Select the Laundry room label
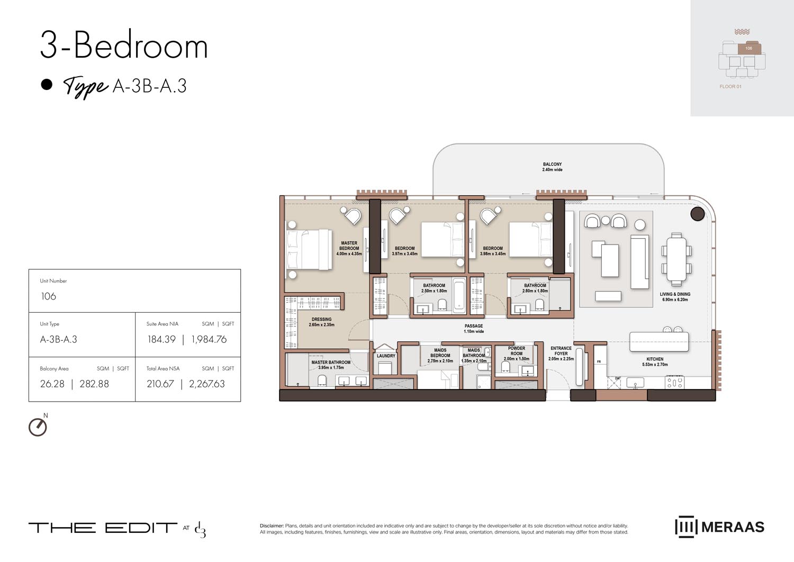tap(386, 356)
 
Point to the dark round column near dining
tap(697, 213)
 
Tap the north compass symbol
tap(38, 427)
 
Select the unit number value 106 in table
tap(48, 296)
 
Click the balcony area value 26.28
tap(52, 384)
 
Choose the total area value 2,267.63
tap(207, 384)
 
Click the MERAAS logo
tap(720, 527)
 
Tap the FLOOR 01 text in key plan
tap(730, 87)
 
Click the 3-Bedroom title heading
tap(124, 46)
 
